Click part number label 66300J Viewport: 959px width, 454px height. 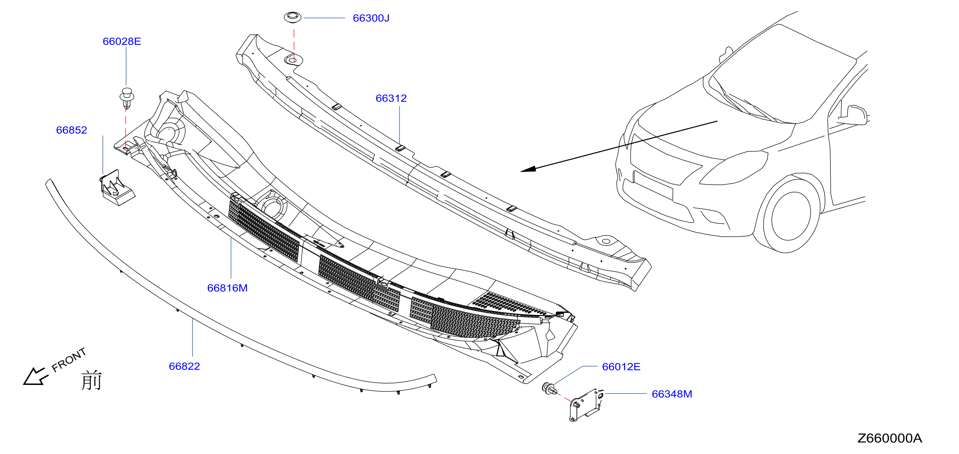[x=371, y=18]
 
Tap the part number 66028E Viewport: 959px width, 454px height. [x=122, y=41]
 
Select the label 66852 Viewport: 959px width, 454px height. [x=72, y=130]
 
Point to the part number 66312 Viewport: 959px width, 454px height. [x=391, y=98]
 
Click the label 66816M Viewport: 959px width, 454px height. [x=227, y=288]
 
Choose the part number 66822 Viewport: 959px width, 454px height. [x=184, y=366]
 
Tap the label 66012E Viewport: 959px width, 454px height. [x=621, y=367]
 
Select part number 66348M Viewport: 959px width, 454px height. [x=672, y=394]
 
